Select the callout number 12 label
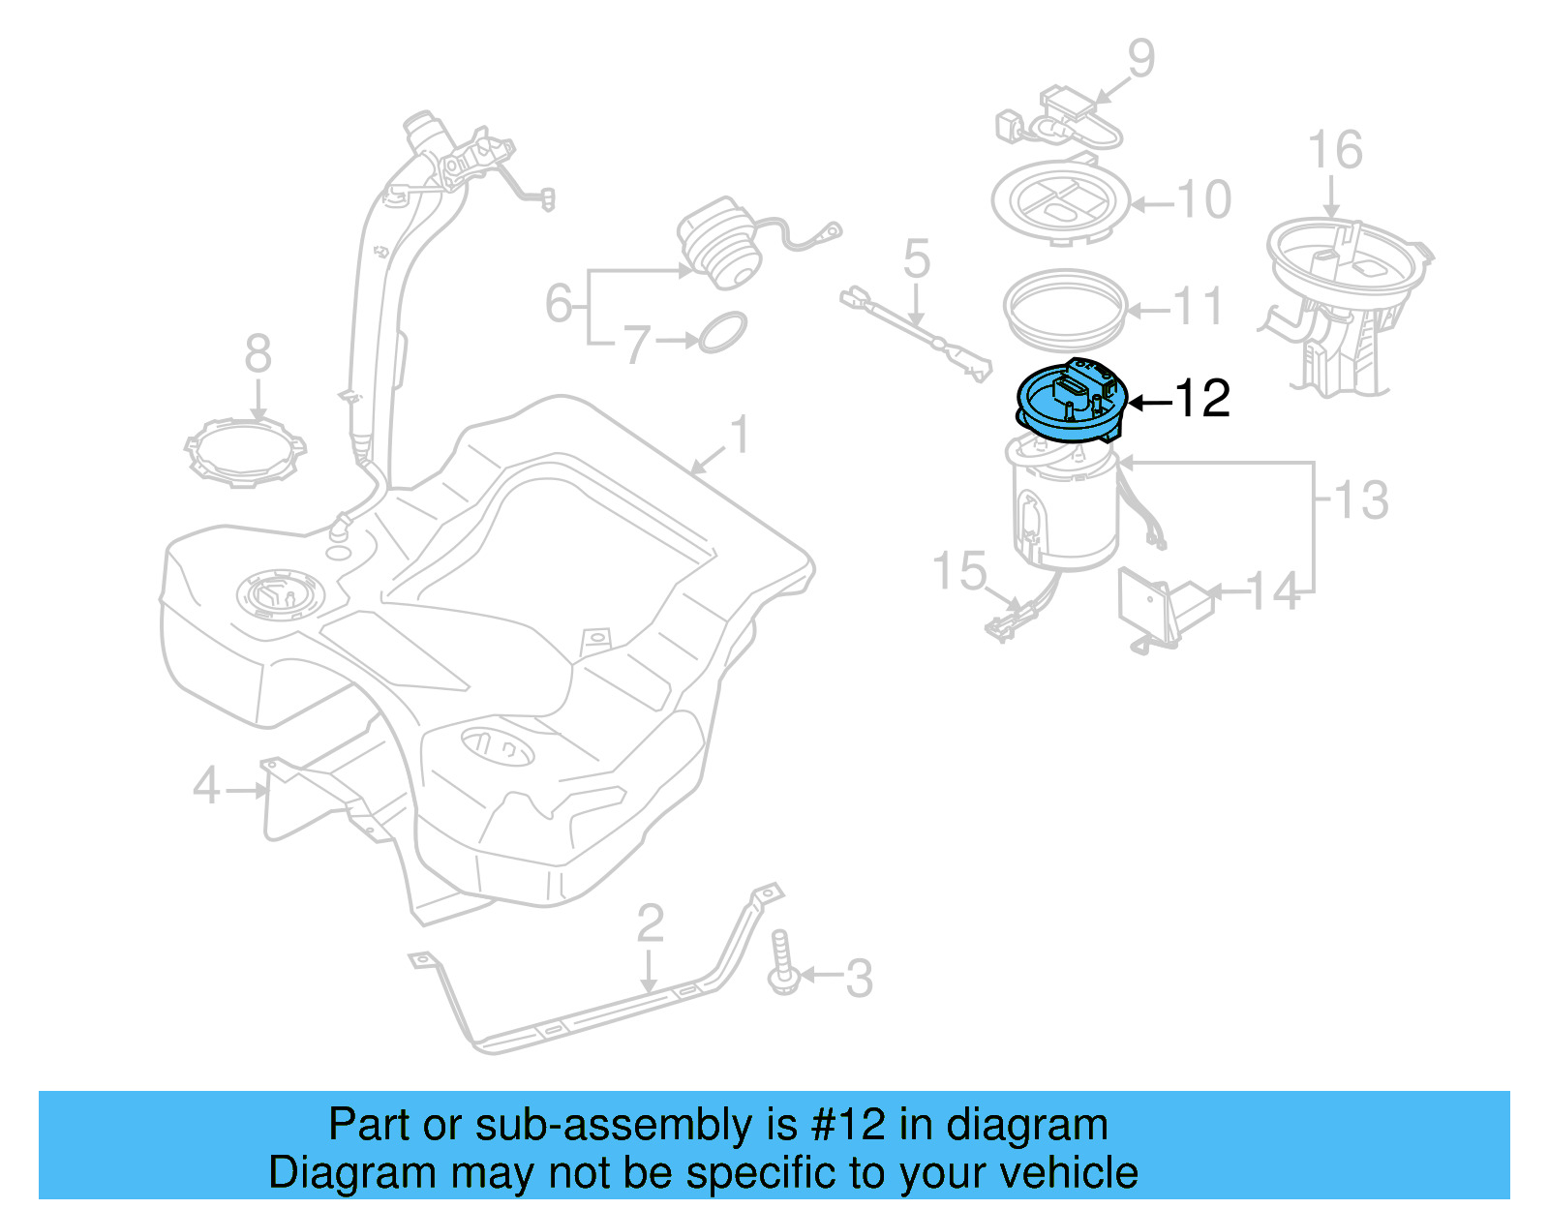click(1201, 399)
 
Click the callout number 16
click(1334, 151)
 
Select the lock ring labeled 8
click(244, 451)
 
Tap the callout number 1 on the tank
click(739, 435)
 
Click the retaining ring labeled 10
click(1061, 201)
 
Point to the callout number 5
click(916, 258)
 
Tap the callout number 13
click(1360, 499)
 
